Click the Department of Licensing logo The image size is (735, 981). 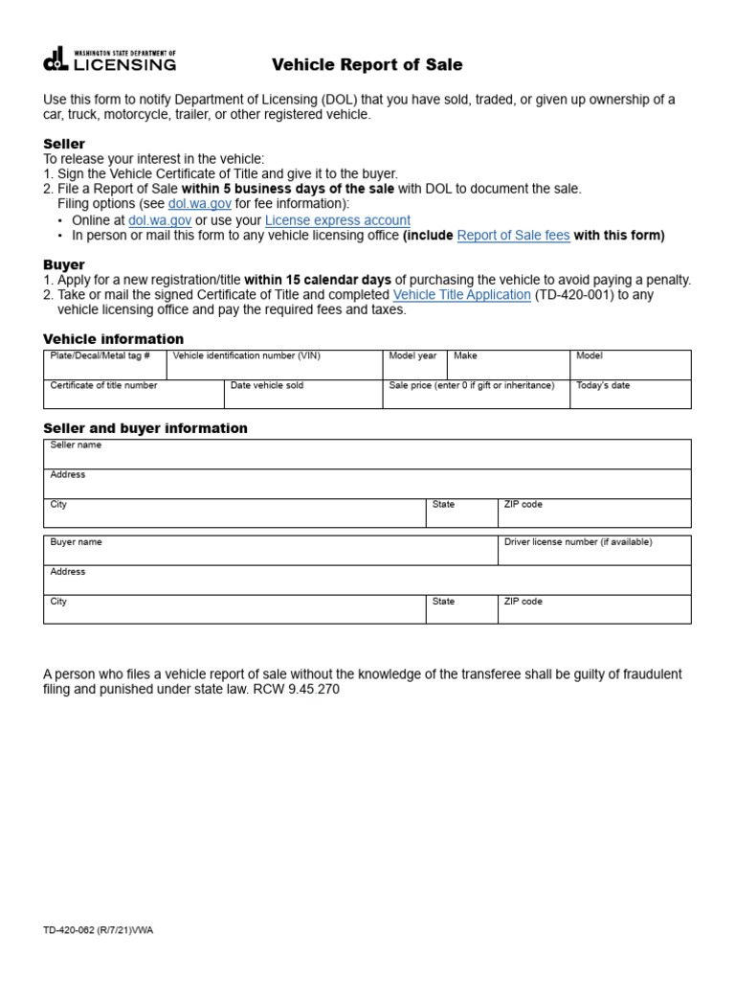[x=109, y=60]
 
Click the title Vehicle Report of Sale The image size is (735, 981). [x=367, y=65]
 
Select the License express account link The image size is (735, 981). [x=337, y=220]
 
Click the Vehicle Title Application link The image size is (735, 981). [x=461, y=295]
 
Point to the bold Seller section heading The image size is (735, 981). [x=64, y=144]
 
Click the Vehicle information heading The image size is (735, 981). [x=114, y=339]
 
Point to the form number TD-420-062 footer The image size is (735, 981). [x=98, y=930]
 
